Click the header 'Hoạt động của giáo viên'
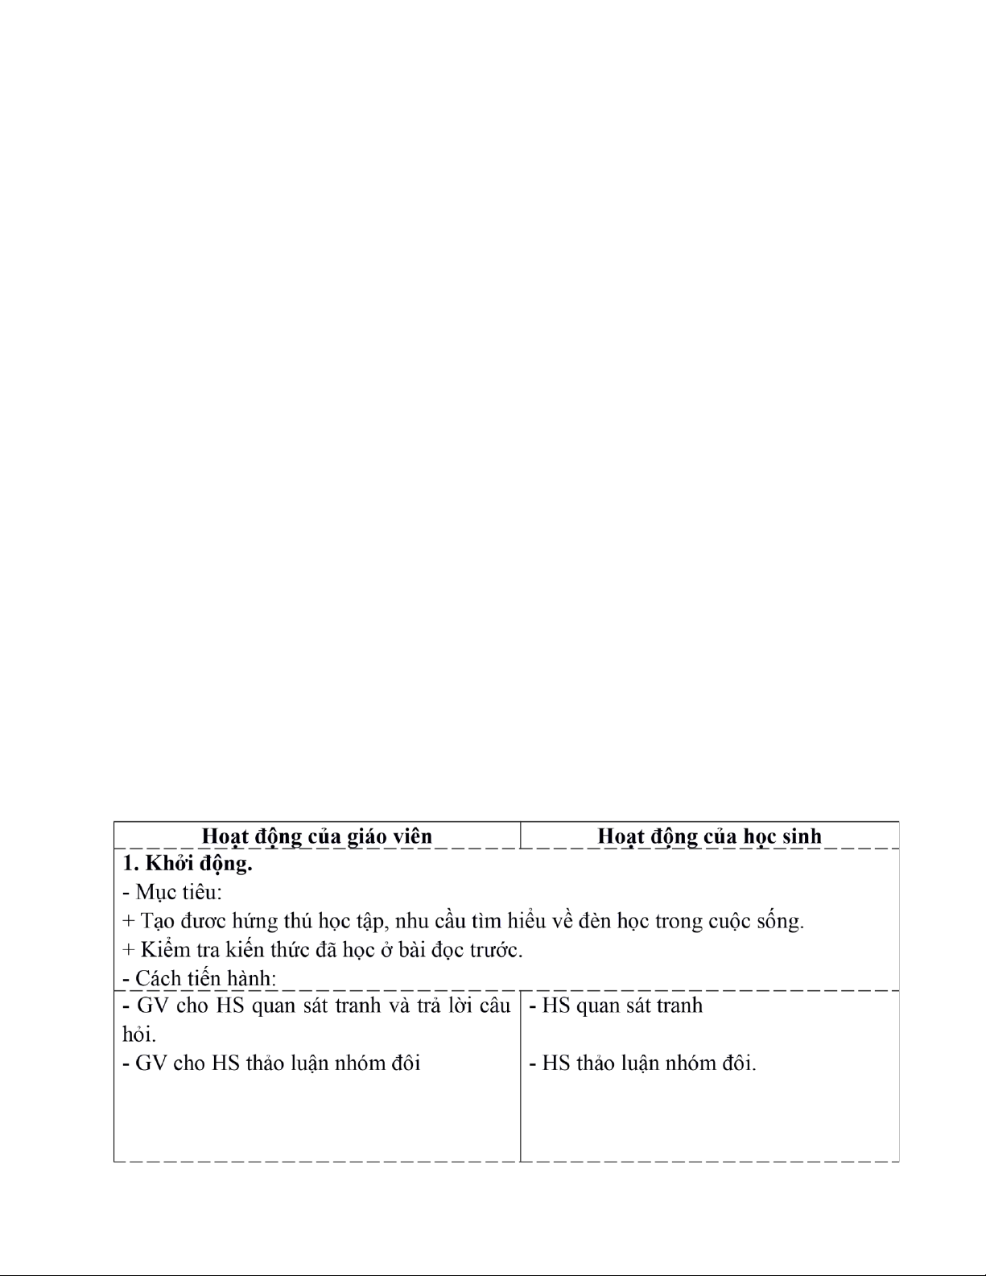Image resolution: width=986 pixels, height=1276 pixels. tap(316, 836)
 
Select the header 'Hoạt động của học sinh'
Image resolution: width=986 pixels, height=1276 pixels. tap(709, 836)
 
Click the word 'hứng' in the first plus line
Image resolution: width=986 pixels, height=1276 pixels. tap(254, 921)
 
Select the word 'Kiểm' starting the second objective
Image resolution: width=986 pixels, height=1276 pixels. tap(166, 950)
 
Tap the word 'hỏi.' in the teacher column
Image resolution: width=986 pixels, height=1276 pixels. tap(138, 1034)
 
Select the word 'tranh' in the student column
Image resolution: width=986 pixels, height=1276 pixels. tap(679, 1006)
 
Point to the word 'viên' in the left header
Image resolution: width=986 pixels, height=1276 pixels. tap(411, 836)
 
